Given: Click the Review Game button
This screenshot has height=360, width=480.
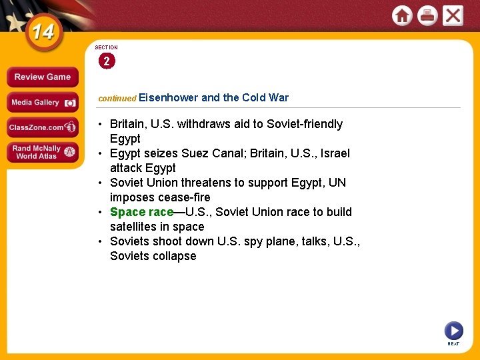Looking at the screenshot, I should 42,77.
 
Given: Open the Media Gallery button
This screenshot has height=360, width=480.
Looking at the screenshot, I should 42,102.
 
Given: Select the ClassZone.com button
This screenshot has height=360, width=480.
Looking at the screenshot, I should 42,127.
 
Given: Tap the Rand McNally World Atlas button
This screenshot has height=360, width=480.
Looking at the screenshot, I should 42,152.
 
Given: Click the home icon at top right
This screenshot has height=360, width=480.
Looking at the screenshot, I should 402,15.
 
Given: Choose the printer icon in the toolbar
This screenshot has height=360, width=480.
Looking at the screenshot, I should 427,15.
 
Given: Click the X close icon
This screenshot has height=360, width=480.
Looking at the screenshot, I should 453,15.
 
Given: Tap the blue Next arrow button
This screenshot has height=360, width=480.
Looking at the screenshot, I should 453,330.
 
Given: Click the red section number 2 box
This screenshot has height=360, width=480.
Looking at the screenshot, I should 106,61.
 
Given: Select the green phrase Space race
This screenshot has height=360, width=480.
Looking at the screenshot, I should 141,212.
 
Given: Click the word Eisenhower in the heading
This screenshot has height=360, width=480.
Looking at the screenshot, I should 169,97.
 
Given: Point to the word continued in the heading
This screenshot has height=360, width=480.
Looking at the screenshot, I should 117,98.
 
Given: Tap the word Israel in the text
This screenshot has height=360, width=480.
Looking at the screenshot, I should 334,153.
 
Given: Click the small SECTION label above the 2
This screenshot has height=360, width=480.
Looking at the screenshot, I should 106,47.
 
